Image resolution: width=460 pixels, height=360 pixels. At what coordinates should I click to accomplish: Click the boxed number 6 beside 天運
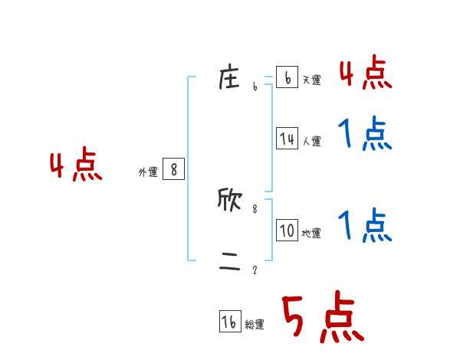tap(287, 77)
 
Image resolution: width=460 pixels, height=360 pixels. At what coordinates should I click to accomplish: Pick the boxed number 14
tap(287, 139)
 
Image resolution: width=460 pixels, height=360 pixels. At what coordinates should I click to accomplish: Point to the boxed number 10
tap(287, 231)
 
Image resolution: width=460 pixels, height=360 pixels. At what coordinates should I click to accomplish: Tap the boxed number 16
tap(230, 322)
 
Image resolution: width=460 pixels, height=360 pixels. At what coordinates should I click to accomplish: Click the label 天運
tap(311, 80)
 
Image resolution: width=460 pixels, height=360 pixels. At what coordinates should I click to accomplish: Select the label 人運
tap(311, 141)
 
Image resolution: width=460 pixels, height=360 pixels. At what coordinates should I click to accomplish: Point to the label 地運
tap(311, 233)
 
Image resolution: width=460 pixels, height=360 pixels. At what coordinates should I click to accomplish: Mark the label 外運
tap(148, 172)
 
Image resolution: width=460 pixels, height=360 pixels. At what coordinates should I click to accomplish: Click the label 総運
tap(255, 325)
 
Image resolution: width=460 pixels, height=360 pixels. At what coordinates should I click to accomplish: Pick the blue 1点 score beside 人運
tap(366, 135)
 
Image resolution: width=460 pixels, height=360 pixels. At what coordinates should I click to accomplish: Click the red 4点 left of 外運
tap(77, 167)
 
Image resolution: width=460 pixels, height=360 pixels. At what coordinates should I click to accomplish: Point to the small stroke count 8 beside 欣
tap(255, 208)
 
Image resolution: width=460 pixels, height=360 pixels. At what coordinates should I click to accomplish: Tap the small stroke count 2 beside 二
tap(255, 270)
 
